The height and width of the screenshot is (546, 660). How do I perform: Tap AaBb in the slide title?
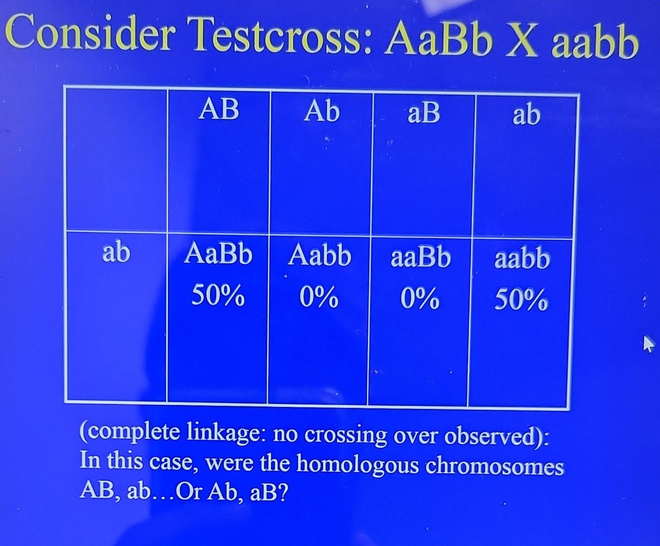pyautogui.click(x=438, y=39)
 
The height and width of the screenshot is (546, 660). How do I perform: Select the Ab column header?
pyautogui.click(x=321, y=111)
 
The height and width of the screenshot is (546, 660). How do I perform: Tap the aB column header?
pyautogui.click(x=424, y=113)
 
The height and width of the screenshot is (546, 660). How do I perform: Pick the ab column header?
pyautogui.click(x=526, y=115)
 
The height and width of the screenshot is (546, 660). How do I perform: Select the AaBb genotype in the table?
pyautogui.click(x=218, y=254)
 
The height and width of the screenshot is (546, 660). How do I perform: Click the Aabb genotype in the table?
pyautogui.click(x=320, y=256)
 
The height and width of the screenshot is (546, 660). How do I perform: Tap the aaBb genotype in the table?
pyautogui.click(x=420, y=257)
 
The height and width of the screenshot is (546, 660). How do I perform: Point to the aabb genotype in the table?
pyautogui.click(x=522, y=259)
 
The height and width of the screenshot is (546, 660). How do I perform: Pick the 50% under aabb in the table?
pyautogui.click(x=521, y=301)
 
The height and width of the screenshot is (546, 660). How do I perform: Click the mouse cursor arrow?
pyautogui.click(x=647, y=345)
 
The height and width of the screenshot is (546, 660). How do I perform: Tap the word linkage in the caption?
pyautogui.click(x=226, y=432)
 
